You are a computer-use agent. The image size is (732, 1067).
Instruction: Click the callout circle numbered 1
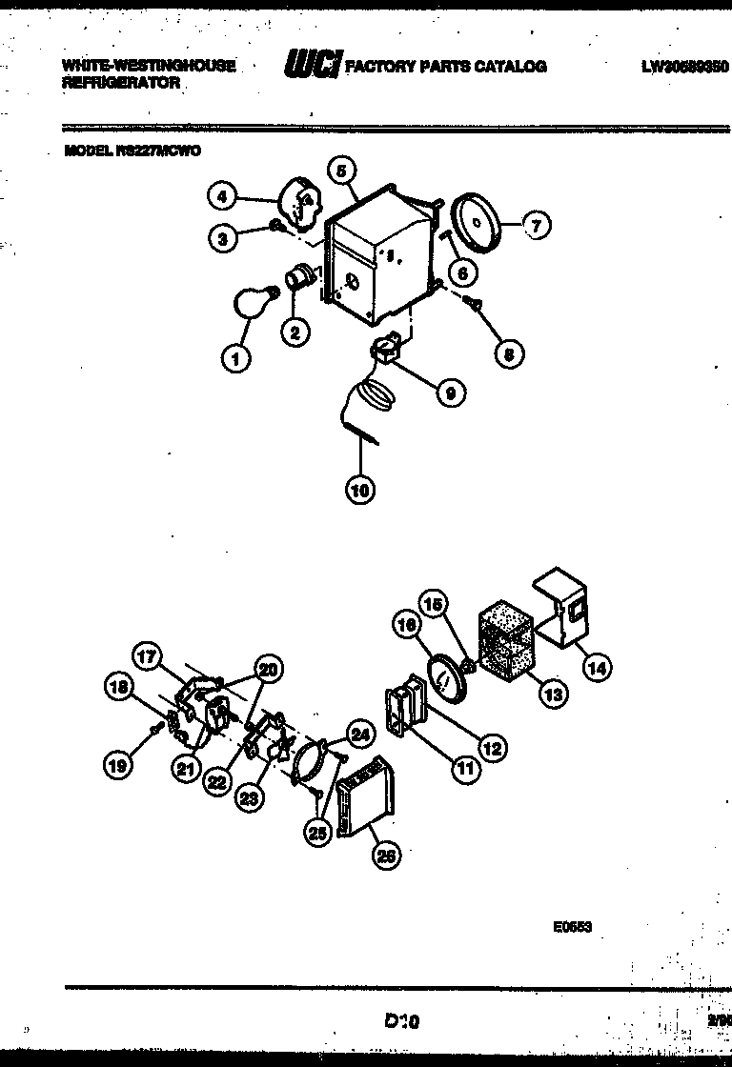tap(235, 359)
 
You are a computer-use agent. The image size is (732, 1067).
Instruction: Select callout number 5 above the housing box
tap(343, 171)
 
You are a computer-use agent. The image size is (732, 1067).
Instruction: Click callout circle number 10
tap(359, 490)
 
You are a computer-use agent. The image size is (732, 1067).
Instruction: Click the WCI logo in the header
tap(312, 66)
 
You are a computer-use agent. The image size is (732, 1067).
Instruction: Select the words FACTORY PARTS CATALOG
tap(445, 66)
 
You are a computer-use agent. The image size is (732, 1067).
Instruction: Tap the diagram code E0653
tap(572, 924)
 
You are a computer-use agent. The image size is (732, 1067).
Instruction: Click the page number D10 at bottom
tap(401, 1020)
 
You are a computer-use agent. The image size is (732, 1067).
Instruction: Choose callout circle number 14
tap(597, 668)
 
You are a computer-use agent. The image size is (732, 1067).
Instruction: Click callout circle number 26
tap(386, 856)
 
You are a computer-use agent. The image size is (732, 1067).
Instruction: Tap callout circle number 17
tap(147, 657)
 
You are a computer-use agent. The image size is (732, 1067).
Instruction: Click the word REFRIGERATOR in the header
tap(121, 83)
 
